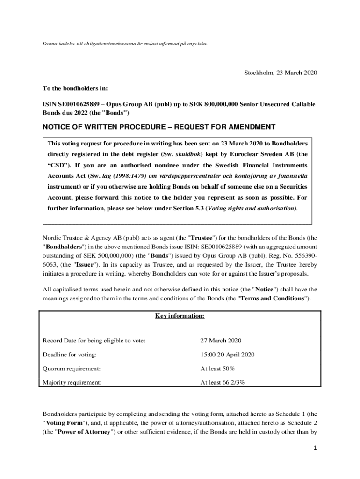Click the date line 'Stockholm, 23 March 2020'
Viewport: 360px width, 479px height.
[x=281, y=73]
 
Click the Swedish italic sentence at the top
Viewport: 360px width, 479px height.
[x=124, y=44]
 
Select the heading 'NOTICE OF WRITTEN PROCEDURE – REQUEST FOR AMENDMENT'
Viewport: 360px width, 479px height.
[x=159, y=127]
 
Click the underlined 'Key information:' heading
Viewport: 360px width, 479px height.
[x=180, y=316]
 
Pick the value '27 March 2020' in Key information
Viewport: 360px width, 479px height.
[x=221, y=341]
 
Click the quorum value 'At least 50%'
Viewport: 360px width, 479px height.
[x=218, y=369]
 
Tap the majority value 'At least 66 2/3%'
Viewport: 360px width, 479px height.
[x=223, y=382]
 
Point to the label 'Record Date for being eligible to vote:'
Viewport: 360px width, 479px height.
[x=94, y=341]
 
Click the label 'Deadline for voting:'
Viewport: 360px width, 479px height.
[x=70, y=355]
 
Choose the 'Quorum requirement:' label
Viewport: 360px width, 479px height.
[x=72, y=369]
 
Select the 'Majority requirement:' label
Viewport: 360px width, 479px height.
[x=72, y=382]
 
